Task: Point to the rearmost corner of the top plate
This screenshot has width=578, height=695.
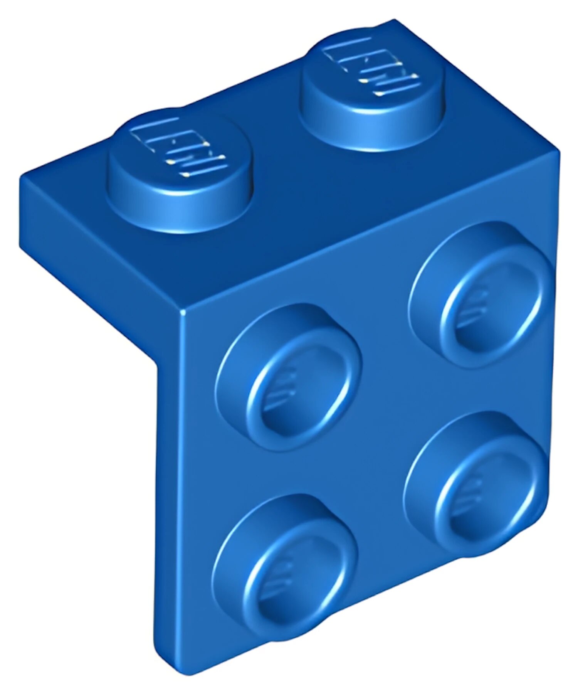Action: point(394,20)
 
